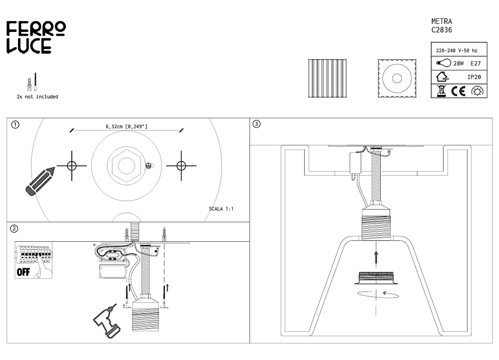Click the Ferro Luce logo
pyautogui.click(x=36, y=37)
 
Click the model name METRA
pyautogui.click(x=442, y=21)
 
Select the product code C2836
pyautogui.click(x=442, y=30)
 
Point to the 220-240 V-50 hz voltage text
pyautogui.click(x=457, y=50)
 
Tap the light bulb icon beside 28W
pyautogui.click(x=444, y=63)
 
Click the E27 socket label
pyautogui.click(x=476, y=63)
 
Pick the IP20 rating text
pyautogui.click(x=474, y=77)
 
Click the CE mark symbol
pyautogui.click(x=458, y=91)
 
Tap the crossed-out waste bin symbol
pyautogui.click(x=442, y=91)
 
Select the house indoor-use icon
pyautogui.click(x=442, y=76)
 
